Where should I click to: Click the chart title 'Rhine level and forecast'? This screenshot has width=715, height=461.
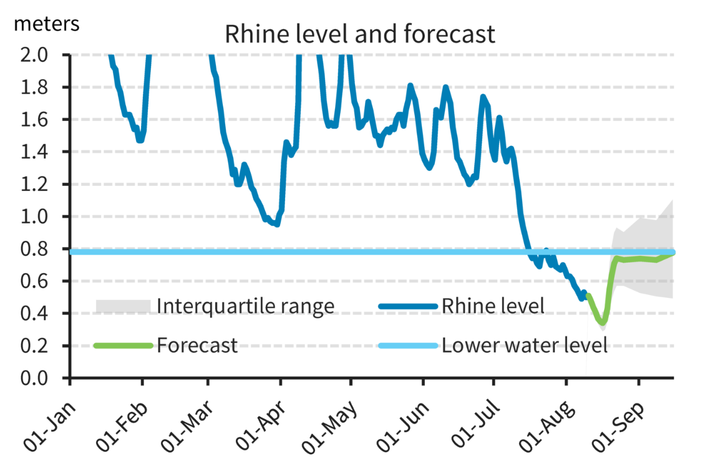(x=360, y=34)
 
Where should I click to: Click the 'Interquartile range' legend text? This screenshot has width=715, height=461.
(x=245, y=306)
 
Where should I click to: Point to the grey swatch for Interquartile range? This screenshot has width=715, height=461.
(x=123, y=306)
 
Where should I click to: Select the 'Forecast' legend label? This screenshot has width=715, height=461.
(x=197, y=345)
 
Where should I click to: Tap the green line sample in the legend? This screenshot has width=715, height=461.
(x=123, y=345)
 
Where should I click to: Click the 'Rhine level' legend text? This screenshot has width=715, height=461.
(x=493, y=306)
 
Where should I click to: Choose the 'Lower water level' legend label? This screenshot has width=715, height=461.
(x=524, y=345)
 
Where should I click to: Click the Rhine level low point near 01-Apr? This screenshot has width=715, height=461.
(x=276, y=225)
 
